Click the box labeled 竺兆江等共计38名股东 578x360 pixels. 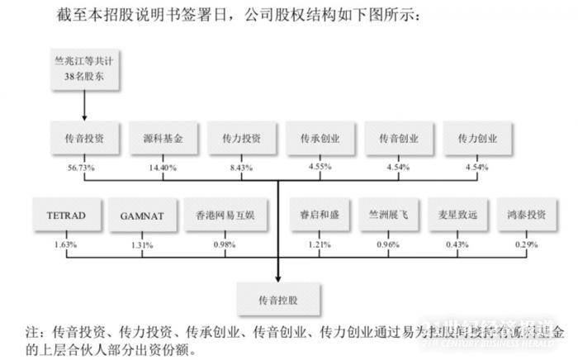pos(84,69)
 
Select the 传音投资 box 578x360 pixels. pos(84,139)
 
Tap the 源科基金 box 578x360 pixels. pos(163,139)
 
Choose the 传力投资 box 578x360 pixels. pos(241,139)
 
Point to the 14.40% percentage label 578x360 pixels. pos(163,167)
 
